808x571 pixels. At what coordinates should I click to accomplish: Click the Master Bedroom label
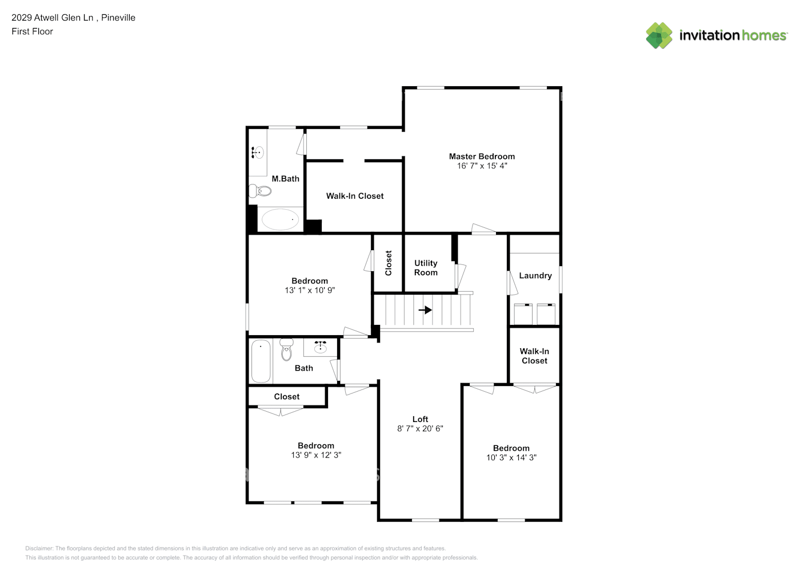(482, 156)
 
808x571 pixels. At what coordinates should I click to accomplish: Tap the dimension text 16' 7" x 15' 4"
(482, 166)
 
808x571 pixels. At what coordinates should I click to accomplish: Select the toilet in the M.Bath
(261, 191)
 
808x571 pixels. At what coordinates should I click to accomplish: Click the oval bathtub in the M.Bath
(280, 219)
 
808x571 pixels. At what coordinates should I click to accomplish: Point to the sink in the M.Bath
(258, 152)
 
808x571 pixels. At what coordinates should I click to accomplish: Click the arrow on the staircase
(425, 310)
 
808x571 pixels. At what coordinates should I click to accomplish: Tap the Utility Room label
(426, 268)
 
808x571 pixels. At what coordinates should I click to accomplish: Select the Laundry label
(535, 276)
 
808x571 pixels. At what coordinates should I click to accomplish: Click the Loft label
(420, 419)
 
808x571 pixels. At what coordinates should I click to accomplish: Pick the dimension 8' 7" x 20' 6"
(420, 429)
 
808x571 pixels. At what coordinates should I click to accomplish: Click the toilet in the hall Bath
(286, 350)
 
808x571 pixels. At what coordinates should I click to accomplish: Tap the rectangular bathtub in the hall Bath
(261, 361)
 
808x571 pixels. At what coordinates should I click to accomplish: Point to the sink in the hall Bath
(321, 347)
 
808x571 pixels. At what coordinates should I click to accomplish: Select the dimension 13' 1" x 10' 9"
(310, 291)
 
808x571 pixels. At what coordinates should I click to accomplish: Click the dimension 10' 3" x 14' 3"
(511, 458)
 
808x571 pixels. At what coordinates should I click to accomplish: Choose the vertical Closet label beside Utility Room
(389, 263)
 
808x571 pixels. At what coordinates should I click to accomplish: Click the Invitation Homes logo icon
(659, 35)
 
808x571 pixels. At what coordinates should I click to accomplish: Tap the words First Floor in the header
(32, 31)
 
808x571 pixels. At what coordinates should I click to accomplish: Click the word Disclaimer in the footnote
(39, 549)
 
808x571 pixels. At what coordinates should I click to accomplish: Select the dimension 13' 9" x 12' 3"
(316, 456)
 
